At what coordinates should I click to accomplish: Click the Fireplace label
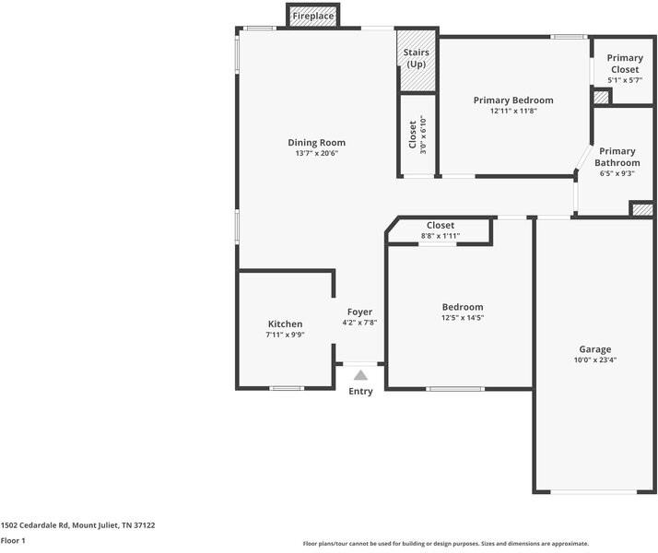[x=313, y=17]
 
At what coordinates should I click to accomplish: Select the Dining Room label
[x=316, y=143]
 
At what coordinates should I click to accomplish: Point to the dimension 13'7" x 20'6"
[x=316, y=154]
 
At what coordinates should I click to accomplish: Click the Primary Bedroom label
[x=513, y=100]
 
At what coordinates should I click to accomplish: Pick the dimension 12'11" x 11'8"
[x=513, y=112]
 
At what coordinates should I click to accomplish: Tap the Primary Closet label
[x=625, y=64]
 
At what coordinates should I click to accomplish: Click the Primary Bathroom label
[x=617, y=157]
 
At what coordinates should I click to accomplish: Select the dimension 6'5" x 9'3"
[x=617, y=173]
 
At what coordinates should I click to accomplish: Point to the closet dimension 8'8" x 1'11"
[x=441, y=236]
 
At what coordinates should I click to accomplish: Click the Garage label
[x=595, y=349]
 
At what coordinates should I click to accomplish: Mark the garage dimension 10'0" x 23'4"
[x=595, y=360]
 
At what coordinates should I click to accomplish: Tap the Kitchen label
[x=285, y=324]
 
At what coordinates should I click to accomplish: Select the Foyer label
[x=359, y=312]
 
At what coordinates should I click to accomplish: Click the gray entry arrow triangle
[x=361, y=375]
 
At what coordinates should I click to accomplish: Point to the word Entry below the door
[x=360, y=392]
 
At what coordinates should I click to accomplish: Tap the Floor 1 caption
[x=13, y=541]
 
